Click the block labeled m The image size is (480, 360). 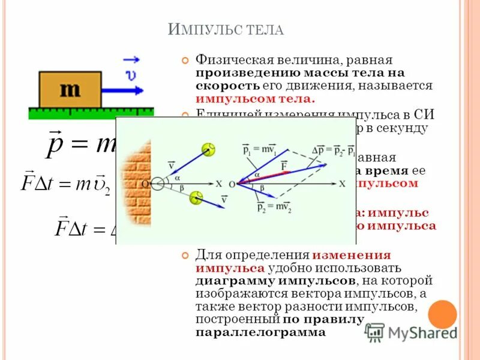tap(70, 89)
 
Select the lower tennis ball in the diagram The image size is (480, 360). tap(196, 197)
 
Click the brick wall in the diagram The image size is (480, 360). tap(133, 181)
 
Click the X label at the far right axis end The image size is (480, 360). tap(342, 184)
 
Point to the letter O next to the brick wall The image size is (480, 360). tap(145, 184)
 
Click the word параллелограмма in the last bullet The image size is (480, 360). tap(260, 332)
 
